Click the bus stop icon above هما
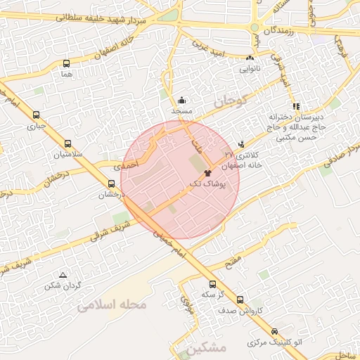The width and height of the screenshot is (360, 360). [x=67, y=63]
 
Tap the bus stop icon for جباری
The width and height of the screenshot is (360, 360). [x=36, y=116]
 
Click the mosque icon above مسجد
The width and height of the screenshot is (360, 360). [x=181, y=100]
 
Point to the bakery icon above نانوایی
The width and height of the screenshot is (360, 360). [x=250, y=58]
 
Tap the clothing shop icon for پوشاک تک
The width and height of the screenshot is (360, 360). [x=207, y=172]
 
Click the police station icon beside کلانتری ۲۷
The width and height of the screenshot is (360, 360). [x=243, y=143]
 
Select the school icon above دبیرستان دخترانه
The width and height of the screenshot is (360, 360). [x=295, y=105]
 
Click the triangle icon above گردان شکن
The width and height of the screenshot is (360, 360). [x=63, y=275]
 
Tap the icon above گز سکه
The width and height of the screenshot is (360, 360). [x=212, y=284]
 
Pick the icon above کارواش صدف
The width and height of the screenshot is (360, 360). [x=240, y=300]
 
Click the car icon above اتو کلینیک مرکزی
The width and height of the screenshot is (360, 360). [x=274, y=332]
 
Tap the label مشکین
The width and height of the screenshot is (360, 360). [x=208, y=349]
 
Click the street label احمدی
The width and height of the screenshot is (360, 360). [x=127, y=163]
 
